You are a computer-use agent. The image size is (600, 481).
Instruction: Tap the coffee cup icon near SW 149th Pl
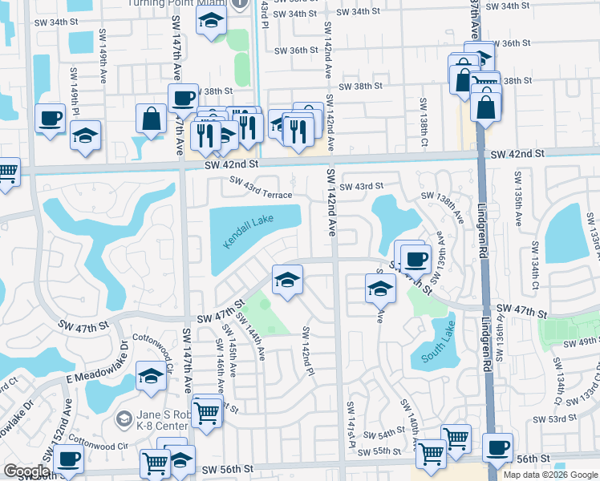pyautogui.click(x=50, y=119)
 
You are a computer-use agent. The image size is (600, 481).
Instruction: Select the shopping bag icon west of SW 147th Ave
pyautogui.click(x=151, y=119)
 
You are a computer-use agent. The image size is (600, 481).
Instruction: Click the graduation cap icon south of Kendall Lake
pyautogui.click(x=286, y=280)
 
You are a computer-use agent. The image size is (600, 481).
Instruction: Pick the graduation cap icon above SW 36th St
pyautogui.click(x=210, y=22)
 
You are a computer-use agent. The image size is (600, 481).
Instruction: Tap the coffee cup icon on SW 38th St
pyautogui.click(x=183, y=99)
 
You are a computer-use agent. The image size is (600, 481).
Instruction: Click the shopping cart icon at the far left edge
pyautogui.click(x=6, y=171)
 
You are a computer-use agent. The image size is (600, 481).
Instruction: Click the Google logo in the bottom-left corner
pyautogui.click(x=26, y=471)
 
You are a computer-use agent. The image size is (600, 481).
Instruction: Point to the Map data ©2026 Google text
pyautogui.click(x=549, y=475)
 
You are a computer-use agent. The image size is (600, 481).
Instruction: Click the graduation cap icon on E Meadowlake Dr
pyautogui.click(x=151, y=376)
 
